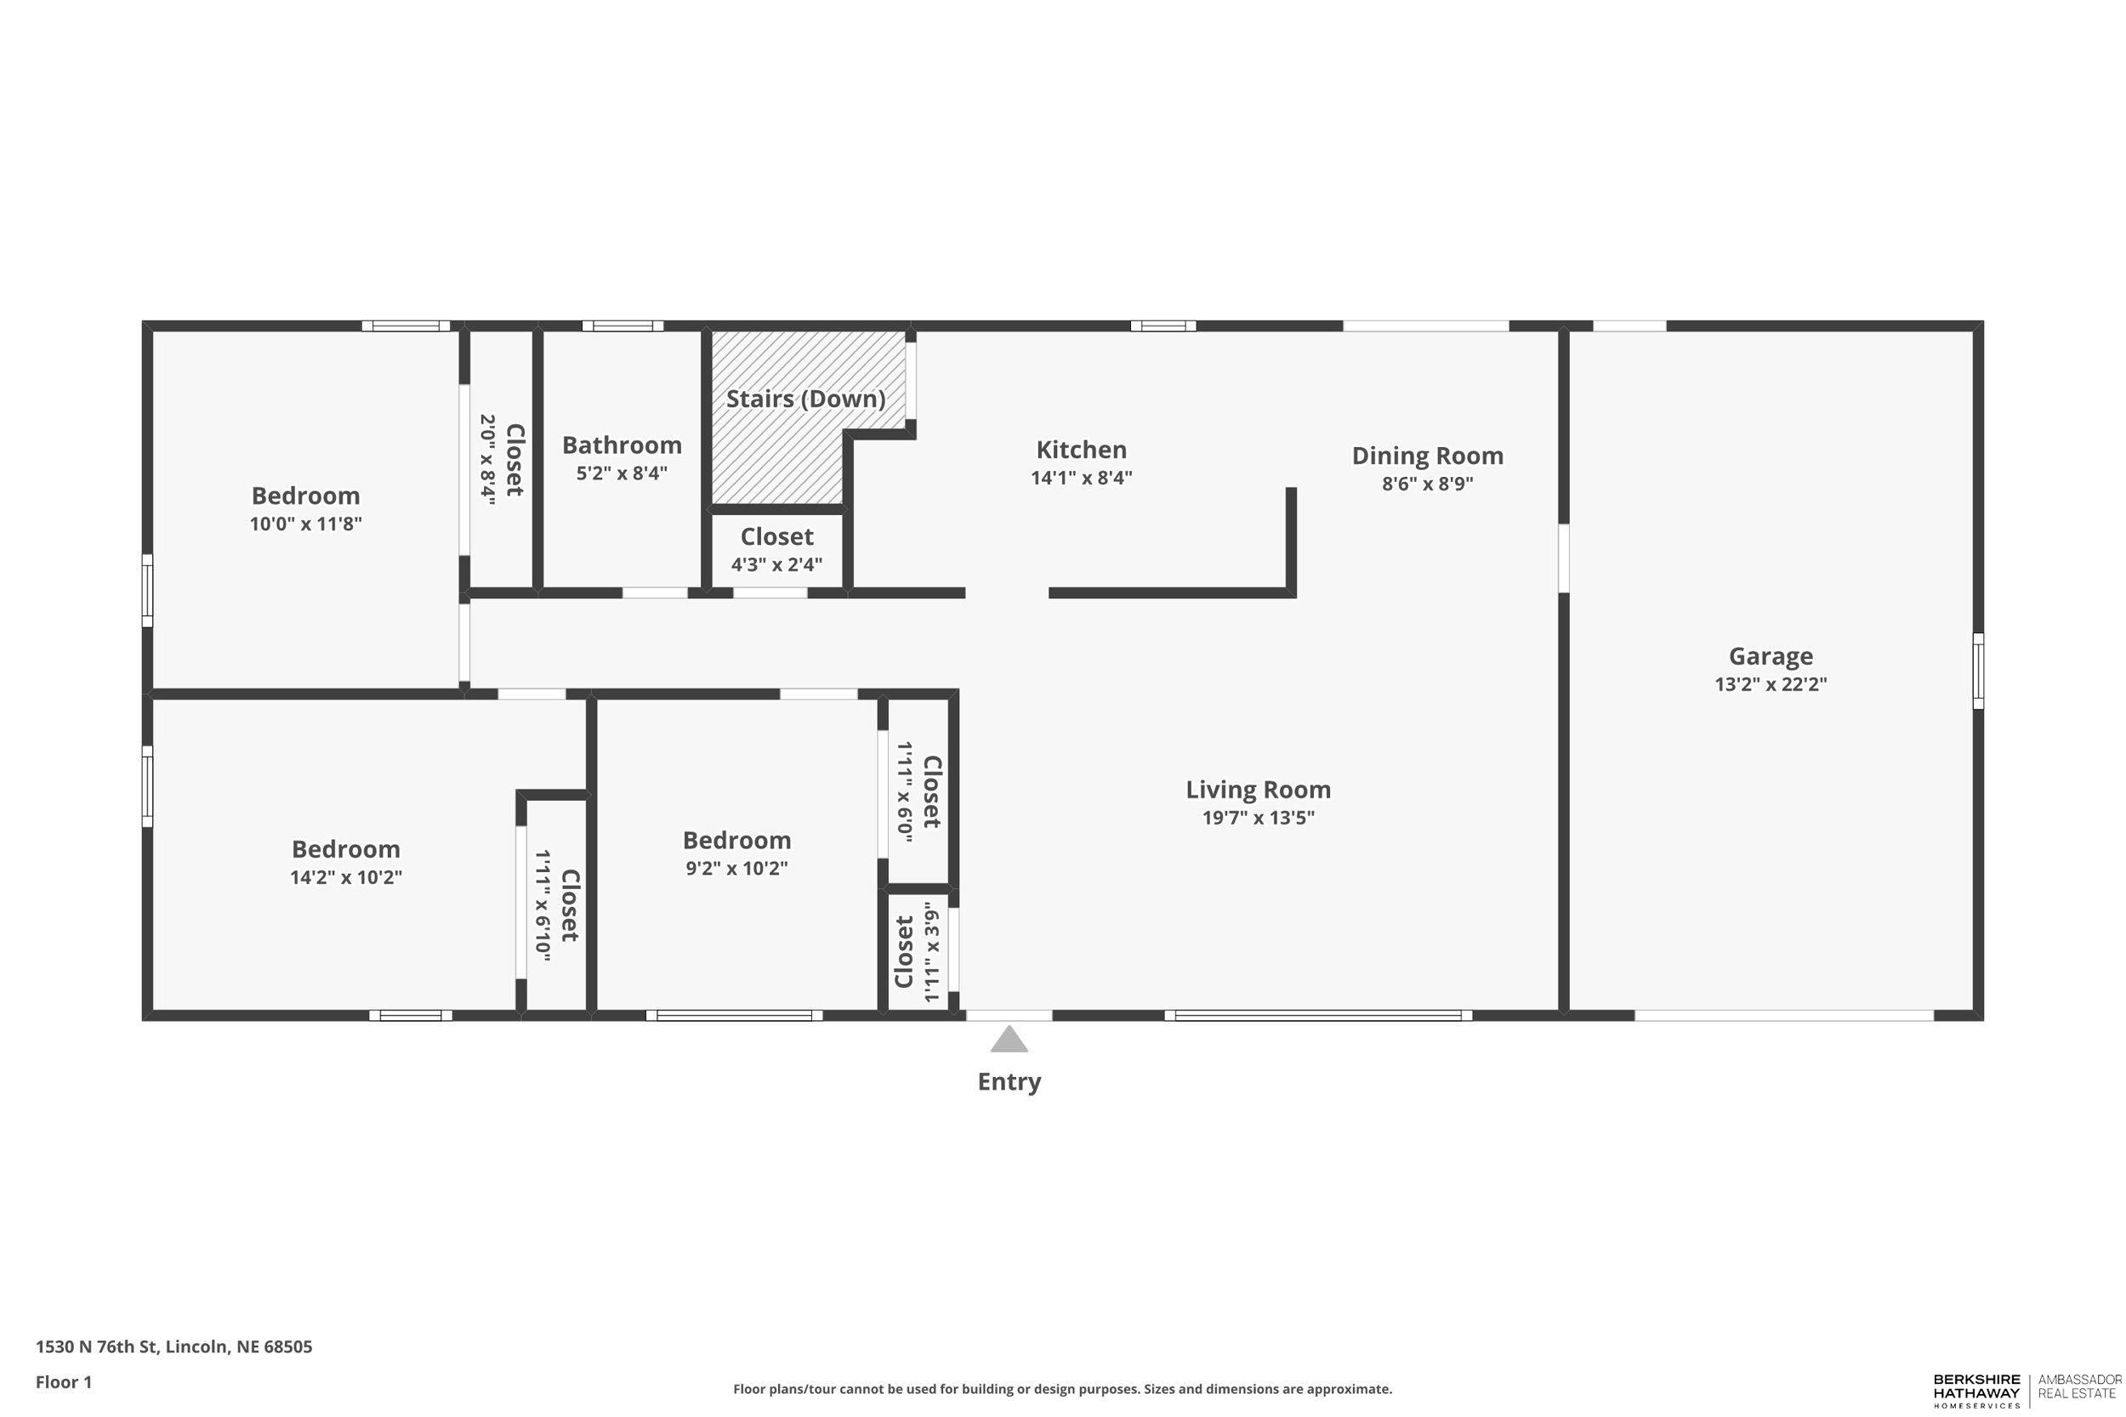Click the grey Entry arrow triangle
point(1009,1040)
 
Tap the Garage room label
point(1770,656)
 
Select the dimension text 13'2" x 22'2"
point(1770,684)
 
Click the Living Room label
point(1258,790)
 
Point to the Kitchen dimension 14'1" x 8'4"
point(1081,478)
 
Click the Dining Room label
point(1426,456)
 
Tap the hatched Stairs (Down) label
point(805,399)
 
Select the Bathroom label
point(622,445)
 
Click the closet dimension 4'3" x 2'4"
point(776,564)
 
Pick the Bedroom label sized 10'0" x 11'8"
point(305,496)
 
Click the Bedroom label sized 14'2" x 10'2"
point(345,848)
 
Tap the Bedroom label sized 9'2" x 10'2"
point(736,840)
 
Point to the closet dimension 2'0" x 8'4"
point(488,459)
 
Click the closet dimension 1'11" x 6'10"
point(543,905)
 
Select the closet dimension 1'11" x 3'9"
point(931,951)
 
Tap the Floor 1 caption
point(64,1382)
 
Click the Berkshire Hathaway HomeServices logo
point(1976,1391)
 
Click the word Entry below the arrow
point(1009,1082)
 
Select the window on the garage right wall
point(1978,671)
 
